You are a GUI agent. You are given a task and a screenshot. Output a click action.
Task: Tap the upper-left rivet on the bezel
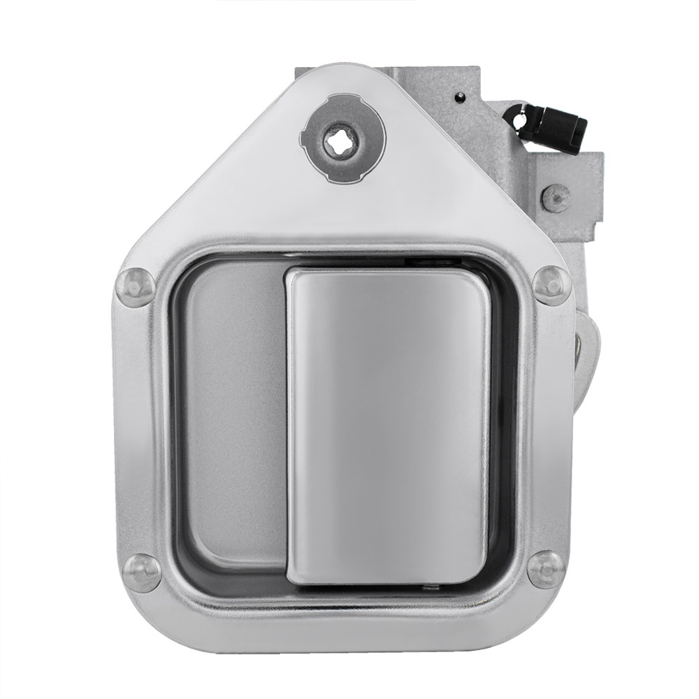[x=135, y=287]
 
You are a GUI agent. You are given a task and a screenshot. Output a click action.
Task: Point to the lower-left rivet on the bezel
[x=142, y=572]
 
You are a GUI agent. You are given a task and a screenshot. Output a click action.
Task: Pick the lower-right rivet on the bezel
[x=546, y=569]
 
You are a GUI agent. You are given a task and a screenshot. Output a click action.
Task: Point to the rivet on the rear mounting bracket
[x=556, y=198]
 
